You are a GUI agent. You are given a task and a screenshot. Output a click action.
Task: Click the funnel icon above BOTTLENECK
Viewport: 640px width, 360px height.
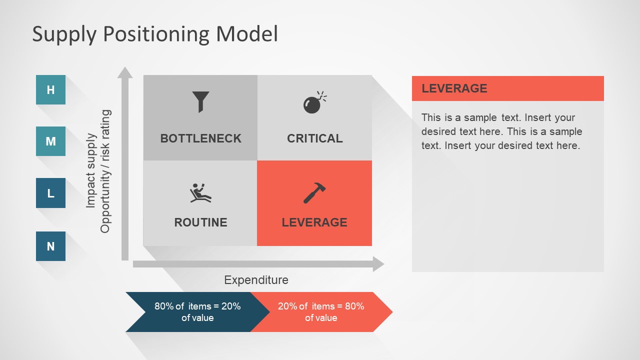coord(200,101)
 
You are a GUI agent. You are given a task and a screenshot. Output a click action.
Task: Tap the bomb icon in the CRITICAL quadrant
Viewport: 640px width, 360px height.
coord(313,103)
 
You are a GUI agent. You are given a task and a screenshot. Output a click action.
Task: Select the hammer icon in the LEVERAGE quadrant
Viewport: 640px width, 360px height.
coord(314,193)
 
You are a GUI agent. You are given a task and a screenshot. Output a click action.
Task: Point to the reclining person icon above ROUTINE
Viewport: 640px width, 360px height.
coord(200,193)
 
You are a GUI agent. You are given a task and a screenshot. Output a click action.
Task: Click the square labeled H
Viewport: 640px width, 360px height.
coord(50,90)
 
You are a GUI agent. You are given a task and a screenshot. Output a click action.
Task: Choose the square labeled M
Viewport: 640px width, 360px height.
coord(50,141)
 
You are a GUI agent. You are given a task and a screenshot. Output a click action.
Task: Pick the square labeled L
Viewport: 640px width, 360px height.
coord(50,193)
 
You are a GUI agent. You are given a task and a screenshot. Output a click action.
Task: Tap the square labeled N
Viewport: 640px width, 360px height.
coord(50,246)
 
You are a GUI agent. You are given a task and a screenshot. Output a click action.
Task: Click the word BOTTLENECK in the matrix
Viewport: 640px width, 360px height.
coord(200,138)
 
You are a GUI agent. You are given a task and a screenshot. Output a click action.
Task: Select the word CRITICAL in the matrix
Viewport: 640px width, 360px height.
coord(314,138)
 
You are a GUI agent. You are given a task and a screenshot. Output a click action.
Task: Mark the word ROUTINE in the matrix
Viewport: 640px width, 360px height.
coord(200,222)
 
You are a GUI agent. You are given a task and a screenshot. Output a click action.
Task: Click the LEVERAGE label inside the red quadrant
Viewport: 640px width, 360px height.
coord(314,222)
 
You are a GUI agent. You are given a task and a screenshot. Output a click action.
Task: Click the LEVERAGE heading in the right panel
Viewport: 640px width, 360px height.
coord(454,88)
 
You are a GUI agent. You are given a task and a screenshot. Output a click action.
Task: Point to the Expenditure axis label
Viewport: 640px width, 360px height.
coord(256,280)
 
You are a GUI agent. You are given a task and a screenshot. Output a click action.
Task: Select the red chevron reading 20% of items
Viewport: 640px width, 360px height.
coord(321,312)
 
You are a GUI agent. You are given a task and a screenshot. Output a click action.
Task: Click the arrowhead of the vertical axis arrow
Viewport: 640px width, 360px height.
coord(125,73)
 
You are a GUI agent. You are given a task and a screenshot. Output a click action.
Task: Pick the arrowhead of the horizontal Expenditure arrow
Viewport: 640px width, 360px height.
coord(378,264)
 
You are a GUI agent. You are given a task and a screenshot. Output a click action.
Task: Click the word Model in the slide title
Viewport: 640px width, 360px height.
coord(246,34)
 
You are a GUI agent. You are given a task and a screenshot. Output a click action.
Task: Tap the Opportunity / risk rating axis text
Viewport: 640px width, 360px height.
coord(105,171)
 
